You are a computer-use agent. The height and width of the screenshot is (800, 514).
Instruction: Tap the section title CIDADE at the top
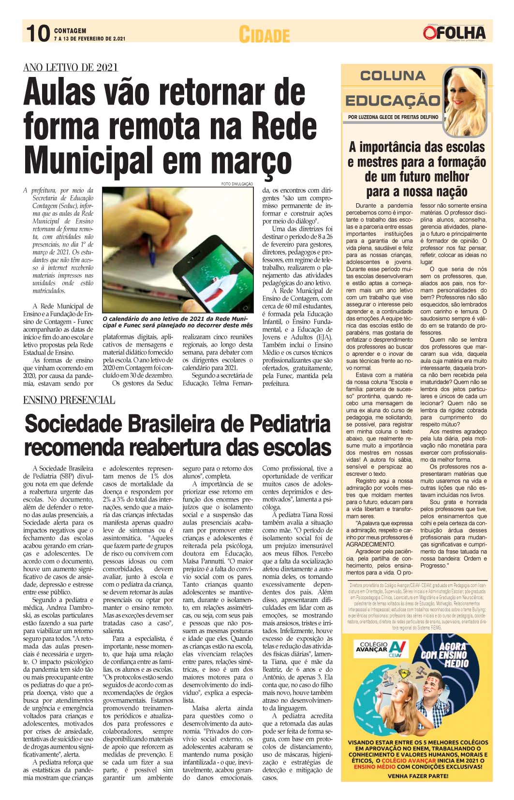[264, 35]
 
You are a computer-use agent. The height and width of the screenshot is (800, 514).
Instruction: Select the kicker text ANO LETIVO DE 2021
[71, 68]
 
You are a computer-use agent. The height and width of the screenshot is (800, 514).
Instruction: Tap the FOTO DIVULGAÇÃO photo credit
[237, 184]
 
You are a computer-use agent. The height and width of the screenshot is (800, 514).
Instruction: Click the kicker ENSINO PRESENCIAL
[69, 400]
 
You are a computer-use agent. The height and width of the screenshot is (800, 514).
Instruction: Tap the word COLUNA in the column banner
[393, 76]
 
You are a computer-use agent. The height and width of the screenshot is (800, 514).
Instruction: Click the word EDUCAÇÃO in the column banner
[393, 101]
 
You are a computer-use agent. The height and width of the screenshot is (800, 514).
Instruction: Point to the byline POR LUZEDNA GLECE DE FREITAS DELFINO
[393, 117]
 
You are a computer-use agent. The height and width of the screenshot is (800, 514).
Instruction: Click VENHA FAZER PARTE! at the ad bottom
[417, 776]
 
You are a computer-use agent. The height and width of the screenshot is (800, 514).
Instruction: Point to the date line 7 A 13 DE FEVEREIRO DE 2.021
[89, 39]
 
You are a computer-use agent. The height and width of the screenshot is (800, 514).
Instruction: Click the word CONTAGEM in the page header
[70, 31]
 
